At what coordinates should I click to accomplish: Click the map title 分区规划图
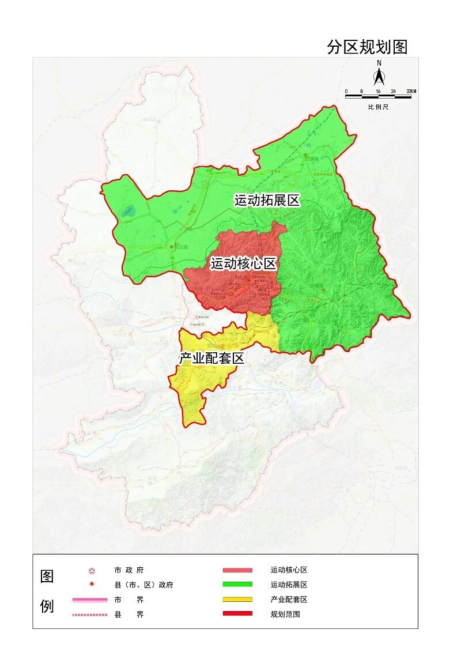tap(367, 47)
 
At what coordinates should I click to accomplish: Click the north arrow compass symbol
tap(379, 76)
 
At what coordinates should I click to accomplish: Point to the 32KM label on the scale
tap(411, 92)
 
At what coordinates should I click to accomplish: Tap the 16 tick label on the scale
tap(378, 92)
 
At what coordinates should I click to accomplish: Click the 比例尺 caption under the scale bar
tap(379, 107)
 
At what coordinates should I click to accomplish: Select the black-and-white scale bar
tap(379, 97)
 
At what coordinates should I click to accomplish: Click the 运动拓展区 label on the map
tap(267, 201)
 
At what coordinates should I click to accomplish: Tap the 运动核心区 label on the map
tap(244, 264)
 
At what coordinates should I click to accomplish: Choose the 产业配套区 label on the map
tap(211, 358)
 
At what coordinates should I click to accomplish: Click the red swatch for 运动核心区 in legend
tap(237, 570)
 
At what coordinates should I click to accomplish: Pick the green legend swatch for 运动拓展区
tap(237, 585)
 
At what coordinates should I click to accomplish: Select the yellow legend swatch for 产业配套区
tap(237, 600)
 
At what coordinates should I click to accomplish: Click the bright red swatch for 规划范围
tap(237, 614)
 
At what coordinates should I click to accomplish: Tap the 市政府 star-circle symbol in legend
tap(92, 571)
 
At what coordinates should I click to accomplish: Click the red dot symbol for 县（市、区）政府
tap(92, 585)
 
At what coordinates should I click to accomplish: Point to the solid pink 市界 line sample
tap(90, 600)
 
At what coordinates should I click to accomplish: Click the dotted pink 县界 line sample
tap(90, 615)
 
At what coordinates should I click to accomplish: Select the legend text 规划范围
tap(285, 614)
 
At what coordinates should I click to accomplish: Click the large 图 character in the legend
tap(47, 576)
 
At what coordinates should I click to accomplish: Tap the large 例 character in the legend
tap(47, 606)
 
